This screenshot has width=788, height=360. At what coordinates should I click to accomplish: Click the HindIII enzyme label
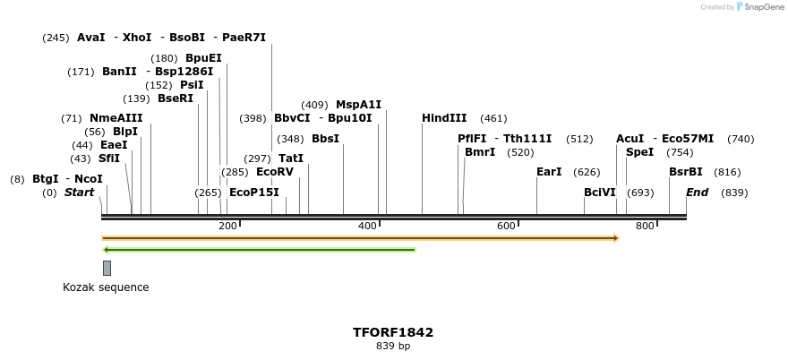tap(444, 118)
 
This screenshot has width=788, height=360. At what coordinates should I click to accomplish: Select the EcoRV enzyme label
tap(274, 172)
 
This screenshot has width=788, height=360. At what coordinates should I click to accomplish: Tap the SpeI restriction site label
tap(639, 152)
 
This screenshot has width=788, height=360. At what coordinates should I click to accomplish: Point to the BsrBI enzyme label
tap(685, 172)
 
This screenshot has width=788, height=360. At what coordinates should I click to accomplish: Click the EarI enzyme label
tap(549, 172)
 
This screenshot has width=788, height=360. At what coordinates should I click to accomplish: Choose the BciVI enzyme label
tap(600, 193)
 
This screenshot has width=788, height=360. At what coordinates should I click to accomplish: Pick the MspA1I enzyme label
tap(358, 105)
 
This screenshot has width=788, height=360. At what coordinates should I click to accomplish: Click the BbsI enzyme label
tap(325, 139)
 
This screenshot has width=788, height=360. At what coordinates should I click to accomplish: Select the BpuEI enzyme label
tap(203, 58)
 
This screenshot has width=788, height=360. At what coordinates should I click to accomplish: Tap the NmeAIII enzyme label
tap(116, 118)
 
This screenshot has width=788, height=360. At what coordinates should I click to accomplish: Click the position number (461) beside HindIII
tap(493, 118)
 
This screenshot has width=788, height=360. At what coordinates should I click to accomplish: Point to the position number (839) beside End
tap(734, 193)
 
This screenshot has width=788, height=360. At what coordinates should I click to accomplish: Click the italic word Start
tap(79, 193)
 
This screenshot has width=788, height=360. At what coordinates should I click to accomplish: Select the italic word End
tap(697, 193)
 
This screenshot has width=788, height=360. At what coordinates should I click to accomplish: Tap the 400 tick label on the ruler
tap(367, 227)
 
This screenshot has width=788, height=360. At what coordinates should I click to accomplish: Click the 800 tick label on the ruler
tap(645, 227)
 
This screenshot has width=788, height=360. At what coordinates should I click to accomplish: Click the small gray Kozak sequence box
tap(107, 268)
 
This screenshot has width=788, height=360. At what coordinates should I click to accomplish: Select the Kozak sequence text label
tap(106, 287)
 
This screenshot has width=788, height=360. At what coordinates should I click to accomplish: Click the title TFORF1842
tap(393, 332)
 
